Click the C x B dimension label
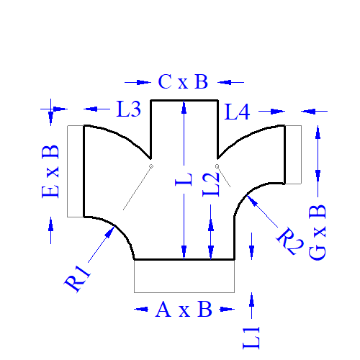point(183,81)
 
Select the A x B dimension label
point(184,309)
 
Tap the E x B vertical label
point(50,171)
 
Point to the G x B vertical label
point(318,233)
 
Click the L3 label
point(129,109)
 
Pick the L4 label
point(237,112)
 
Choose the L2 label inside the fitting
point(211,185)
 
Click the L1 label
point(251,338)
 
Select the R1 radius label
point(77,279)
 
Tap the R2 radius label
point(290,241)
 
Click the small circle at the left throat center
point(151,166)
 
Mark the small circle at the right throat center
point(217,166)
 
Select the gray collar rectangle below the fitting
point(184,292)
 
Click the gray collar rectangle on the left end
point(68,171)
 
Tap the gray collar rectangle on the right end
point(301,155)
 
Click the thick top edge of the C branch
point(184,100)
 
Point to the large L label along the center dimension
point(184,179)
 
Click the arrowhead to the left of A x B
point(142,309)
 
